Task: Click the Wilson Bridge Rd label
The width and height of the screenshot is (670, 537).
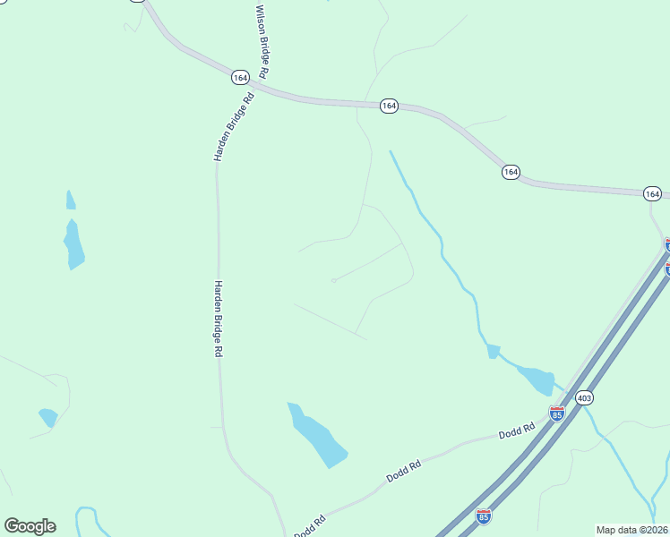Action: [262, 40]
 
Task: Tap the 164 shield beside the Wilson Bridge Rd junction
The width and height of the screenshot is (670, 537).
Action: [239, 78]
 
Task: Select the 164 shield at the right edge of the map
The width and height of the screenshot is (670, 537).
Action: [652, 193]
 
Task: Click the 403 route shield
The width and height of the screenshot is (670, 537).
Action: [584, 397]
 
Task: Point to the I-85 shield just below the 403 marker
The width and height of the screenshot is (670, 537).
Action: [557, 413]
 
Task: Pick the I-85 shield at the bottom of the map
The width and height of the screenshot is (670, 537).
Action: [484, 516]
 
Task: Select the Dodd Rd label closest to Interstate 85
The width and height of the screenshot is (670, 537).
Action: [517, 431]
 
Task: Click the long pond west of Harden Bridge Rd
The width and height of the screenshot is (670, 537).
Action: [73, 244]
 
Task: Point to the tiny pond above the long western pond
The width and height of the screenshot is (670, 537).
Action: [71, 200]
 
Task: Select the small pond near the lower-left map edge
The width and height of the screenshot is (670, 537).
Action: [47, 417]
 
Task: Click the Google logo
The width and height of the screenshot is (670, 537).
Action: [30, 525]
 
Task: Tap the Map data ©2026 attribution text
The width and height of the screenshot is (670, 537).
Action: [631, 530]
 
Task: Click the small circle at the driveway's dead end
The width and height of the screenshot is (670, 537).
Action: [333, 280]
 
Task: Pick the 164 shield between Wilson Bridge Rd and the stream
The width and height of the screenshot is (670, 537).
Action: [388, 106]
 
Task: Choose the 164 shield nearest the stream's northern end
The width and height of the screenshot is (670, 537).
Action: [511, 172]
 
